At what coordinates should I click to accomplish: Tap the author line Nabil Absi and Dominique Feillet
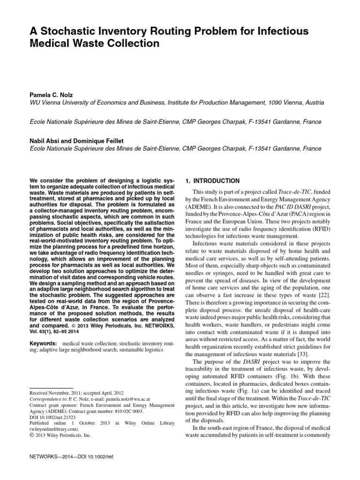click(76, 141)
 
